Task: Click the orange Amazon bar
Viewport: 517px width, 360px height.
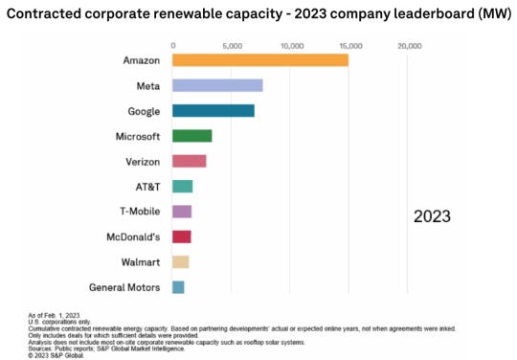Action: point(259,60)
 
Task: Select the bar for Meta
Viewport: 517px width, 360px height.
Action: point(217,85)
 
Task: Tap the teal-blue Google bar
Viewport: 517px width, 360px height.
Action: point(213,110)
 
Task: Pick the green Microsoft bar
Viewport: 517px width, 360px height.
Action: point(191,136)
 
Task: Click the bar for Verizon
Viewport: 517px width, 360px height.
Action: point(189,161)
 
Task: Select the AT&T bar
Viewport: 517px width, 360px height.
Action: point(182,186)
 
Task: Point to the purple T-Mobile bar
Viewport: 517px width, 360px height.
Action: point(182,211)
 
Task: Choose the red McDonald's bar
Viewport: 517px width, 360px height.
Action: point(181,236)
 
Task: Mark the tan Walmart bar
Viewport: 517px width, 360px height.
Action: point(180,261)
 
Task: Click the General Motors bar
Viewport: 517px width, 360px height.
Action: point(178,286)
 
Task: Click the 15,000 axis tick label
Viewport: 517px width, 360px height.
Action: point(350,45)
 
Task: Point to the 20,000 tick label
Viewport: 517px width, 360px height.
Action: point(409,45)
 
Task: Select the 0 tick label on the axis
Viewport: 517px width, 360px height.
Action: point(173,45)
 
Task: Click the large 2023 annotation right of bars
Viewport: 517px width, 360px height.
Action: point(432,216)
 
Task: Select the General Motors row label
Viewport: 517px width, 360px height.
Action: point(123,286)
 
